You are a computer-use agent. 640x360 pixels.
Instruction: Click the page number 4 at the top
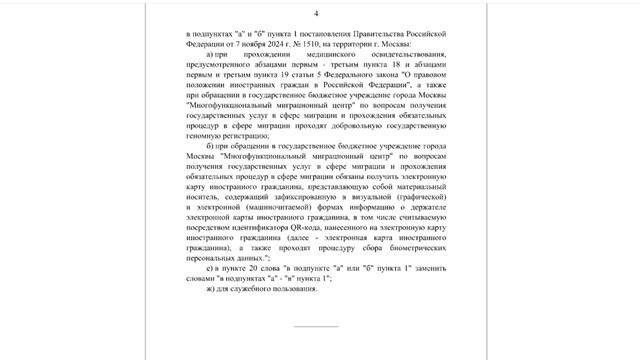click(x=316, y=13)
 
